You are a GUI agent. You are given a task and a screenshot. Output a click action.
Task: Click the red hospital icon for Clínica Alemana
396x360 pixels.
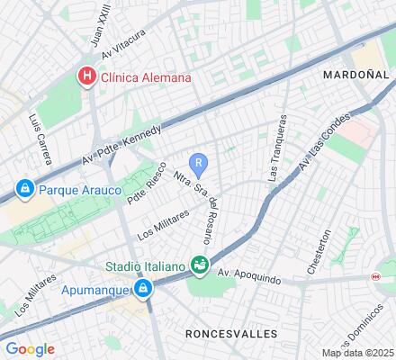[87, 76]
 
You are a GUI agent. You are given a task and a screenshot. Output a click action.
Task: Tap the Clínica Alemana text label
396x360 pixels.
[146, 77]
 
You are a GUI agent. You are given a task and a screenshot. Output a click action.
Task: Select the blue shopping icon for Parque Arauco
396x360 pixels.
[25, 190]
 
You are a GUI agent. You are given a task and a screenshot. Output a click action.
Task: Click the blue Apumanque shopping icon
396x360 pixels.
[142, 289]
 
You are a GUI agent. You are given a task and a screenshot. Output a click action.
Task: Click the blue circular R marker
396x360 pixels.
[202, 163]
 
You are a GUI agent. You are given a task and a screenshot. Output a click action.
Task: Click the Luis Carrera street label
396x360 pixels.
[40, 139]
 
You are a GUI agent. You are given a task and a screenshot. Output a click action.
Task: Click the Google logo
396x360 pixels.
[30, 348]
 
